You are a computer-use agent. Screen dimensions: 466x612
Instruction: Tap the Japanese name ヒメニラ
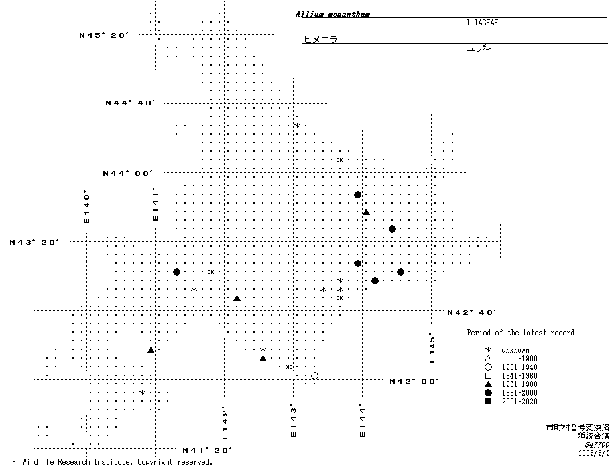[x=320, y=40]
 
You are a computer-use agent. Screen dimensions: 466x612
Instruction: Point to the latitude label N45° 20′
[x=103, y=35]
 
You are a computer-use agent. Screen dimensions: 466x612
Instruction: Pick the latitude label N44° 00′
[x=128, y=173]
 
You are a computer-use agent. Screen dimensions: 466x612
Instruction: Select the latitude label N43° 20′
[x=34, y=242]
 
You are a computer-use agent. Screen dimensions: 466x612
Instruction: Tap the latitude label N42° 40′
[x=472, y=312]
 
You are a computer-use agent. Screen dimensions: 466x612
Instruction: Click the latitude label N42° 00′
[x=414, y=381]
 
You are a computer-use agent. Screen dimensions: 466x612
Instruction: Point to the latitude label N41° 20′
[x=207, y=450]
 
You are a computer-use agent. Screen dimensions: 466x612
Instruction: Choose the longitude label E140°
[x=86, y=207]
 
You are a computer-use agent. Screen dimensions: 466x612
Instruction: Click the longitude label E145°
[x=432, y=347]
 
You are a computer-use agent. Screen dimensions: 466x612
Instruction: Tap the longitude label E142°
[x=225, y=423]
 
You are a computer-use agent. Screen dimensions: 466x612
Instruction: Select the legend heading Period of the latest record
[x=520, y=333]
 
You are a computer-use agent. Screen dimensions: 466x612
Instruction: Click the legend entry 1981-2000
[x=519, y=393]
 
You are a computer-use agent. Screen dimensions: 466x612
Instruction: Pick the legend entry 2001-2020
[x=519, y=402]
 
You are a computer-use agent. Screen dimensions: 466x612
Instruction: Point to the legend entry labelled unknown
[x=515, y=350]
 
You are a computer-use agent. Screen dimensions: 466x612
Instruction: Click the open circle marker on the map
[x=314, y=376]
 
